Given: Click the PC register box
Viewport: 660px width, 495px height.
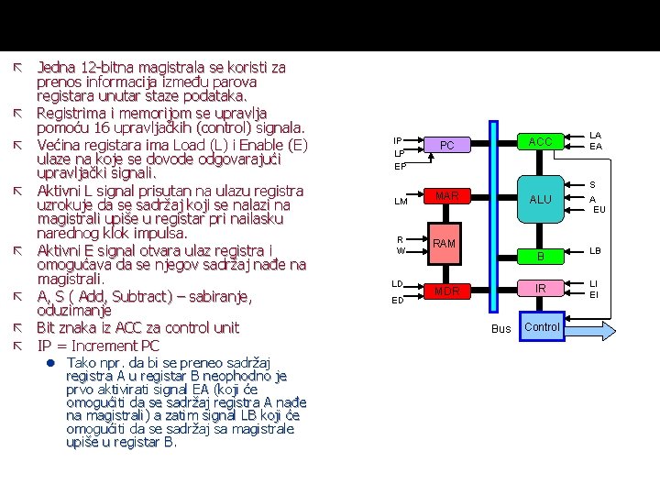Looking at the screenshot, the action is click(x=447, y=146).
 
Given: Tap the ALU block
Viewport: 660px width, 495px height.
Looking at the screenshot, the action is click(x=541, y=199).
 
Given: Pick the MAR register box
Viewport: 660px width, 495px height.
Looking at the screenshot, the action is click(x=447, y=196).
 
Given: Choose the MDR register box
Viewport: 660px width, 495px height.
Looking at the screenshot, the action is click(x=447, y=291).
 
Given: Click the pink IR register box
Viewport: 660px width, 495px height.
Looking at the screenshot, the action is click(x=541, y=289).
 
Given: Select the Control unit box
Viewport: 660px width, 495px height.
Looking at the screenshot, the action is click(x=542, y=327).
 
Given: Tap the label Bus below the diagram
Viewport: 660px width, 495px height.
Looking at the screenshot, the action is click(x=501, y=328).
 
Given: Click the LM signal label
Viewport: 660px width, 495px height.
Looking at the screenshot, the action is click(x=401, y=202).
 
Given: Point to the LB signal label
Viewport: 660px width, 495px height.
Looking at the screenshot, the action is click(x=595, y=250).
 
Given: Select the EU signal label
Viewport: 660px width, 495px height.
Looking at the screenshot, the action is click(x=599, y=209).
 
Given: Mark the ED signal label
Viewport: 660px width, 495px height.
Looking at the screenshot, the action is click(x=399, y=300).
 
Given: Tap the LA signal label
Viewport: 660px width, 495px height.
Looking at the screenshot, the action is click(x=595, y=134).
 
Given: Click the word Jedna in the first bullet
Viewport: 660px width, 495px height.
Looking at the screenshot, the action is click(x=56, y=67).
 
